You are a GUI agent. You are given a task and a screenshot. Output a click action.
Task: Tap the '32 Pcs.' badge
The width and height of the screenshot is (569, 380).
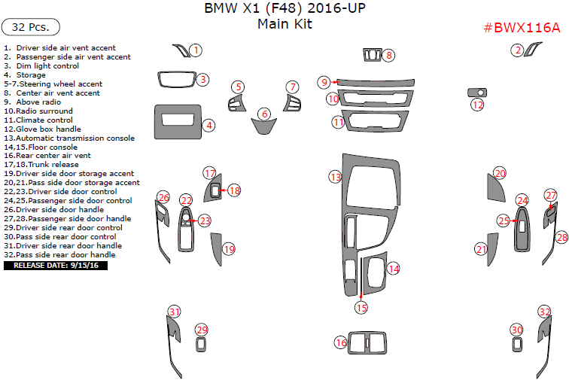click(31, 27)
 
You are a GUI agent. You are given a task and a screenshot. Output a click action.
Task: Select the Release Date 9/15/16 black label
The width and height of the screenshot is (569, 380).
click(56, 265)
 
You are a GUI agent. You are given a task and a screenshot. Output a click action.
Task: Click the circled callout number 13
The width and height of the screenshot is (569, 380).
click(335, 176)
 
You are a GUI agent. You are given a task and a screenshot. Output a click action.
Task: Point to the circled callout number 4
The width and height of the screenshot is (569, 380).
click(209, 126)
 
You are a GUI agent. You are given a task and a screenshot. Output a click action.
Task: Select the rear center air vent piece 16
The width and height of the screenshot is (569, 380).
click(365, 341)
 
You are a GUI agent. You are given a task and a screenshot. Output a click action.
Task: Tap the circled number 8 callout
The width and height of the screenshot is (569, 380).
click(388, 55)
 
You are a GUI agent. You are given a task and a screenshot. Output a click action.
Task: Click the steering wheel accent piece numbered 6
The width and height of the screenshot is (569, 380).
click(263, 127)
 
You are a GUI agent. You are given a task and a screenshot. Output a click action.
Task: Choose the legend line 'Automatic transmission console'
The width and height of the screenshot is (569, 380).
click(69, 138)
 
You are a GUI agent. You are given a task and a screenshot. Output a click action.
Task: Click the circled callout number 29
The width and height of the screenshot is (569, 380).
click(201, 330)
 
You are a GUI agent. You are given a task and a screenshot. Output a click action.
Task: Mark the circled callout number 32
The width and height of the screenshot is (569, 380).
click(544, 312)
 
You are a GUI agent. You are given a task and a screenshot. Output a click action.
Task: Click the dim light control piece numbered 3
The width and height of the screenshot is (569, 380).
click(176, 80)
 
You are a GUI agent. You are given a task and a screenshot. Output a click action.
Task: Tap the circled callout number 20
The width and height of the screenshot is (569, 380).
click(500, 173)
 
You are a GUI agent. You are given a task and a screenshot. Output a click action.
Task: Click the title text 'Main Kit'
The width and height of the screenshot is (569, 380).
click(284, 24)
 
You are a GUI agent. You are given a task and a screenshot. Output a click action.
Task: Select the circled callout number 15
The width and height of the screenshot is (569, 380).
click(361, 306)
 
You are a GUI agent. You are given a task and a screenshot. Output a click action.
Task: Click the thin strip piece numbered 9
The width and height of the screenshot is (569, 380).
click(376, 82)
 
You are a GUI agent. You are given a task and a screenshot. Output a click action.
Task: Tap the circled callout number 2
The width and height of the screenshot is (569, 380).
click(517, 50)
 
